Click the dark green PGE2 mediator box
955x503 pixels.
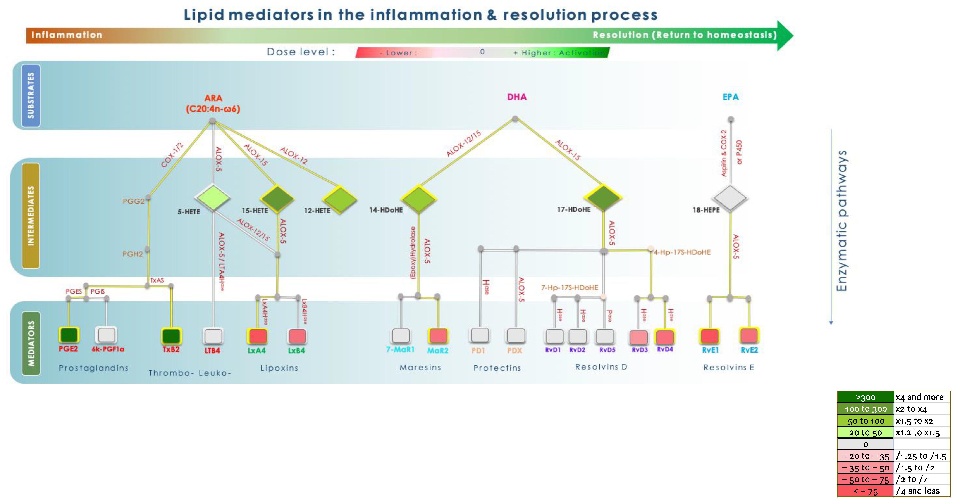point(69,335)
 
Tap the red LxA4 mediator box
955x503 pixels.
point(258,336)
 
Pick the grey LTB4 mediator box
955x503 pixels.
point(213,336)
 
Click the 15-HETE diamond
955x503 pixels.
point(277,199)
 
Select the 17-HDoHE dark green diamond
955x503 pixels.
point(603,197)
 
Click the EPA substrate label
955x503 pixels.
point(730,97)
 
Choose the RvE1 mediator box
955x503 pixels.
point(710,336)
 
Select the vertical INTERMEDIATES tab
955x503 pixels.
point(31,216)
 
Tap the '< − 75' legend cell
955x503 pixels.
point(865,491)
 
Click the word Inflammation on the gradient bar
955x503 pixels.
point(67,35)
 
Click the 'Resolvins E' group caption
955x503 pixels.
point(728,367)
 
